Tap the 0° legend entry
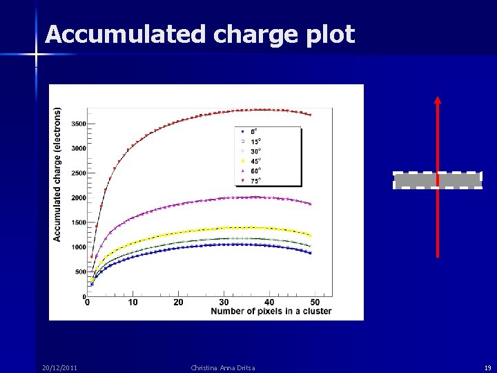253,131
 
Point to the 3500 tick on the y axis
78,124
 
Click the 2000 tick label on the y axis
78,198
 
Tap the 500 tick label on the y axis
79,271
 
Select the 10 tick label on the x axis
133,302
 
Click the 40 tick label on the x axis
269,302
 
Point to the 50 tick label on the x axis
315,302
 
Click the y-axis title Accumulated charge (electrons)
57,173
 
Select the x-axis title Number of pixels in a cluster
271,311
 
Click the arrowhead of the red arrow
437,99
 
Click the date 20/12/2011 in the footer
59,367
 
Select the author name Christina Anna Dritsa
223,367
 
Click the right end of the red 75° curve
310,115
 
